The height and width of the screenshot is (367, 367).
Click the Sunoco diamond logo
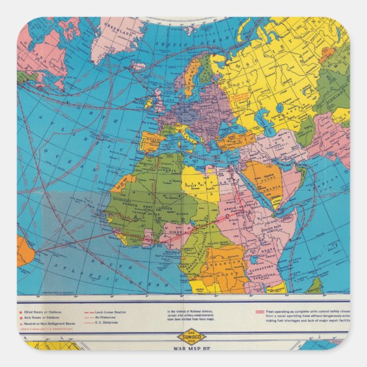click(x=191, y=336)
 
